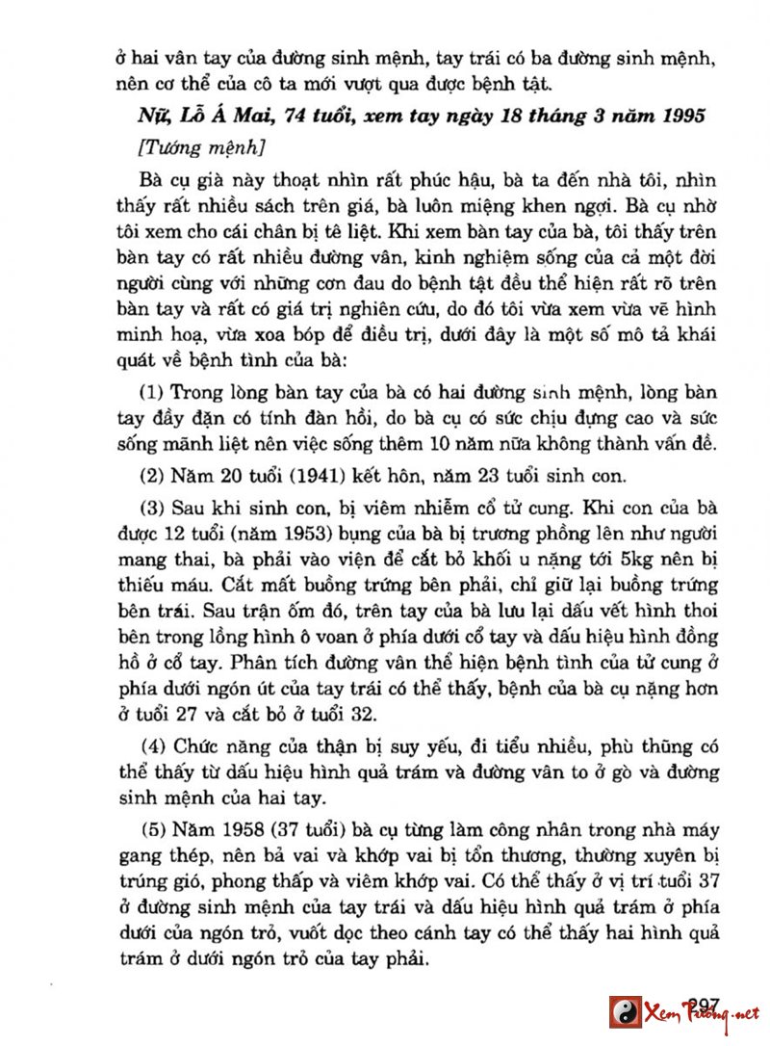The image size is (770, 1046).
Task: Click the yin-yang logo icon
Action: (x=626, y=1012)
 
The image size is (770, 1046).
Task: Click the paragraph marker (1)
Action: (x=153, y=393)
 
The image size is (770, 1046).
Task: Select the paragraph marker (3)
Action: (x=153, y=508)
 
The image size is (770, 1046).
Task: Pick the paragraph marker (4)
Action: (x=153, y=747)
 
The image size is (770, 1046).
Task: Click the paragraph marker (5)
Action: (x=153, y=829)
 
